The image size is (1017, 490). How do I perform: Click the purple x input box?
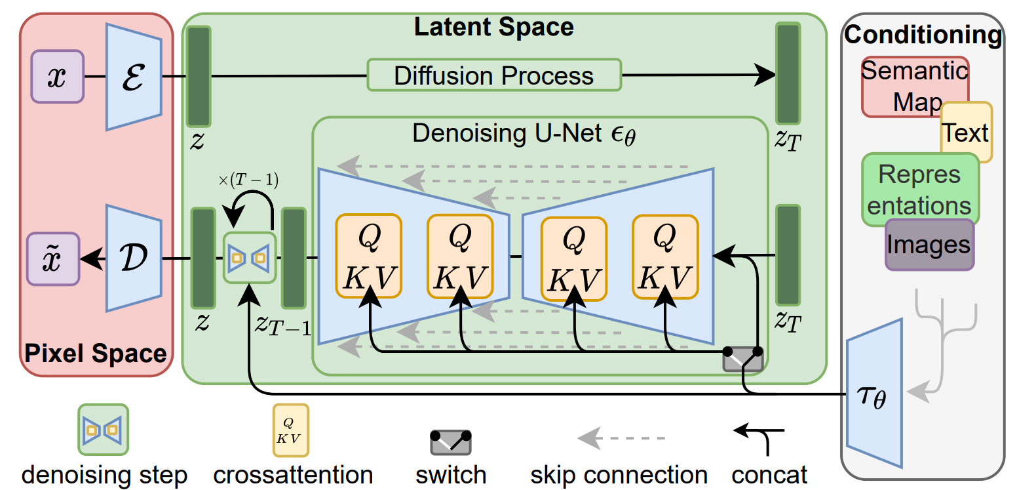click(58, 77)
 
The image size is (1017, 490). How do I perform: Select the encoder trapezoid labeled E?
click(134, 77)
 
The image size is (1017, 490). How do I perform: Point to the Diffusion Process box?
click(494, 75)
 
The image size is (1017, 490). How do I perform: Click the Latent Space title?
click(494, 27)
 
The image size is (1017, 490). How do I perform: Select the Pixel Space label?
click(96, 354)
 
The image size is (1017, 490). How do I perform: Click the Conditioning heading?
click(923, 34)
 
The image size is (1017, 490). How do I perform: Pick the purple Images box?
click(929, 245)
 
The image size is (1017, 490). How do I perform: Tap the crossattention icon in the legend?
click(291, 430)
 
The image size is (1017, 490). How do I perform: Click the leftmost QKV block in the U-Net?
click(368, 256)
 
